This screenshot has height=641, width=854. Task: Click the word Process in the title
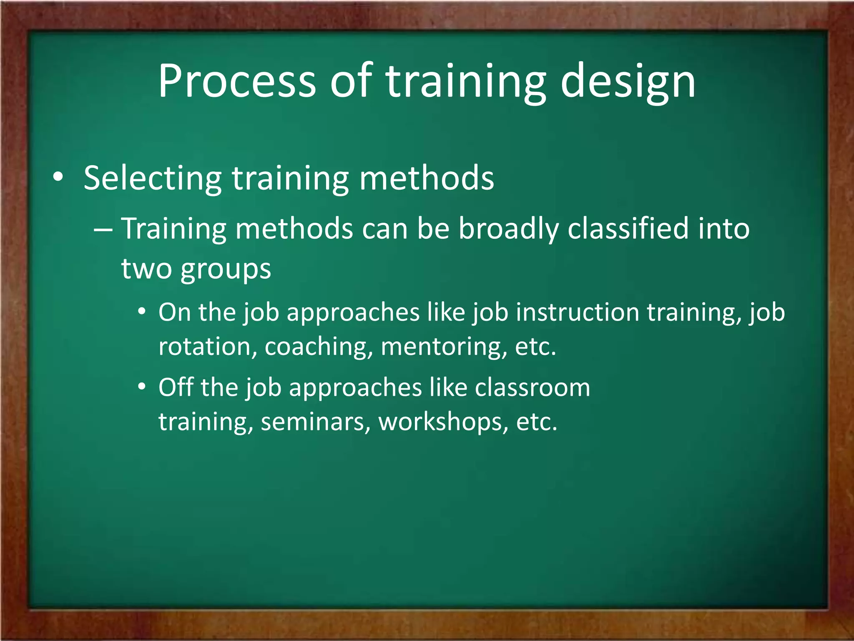pos(237,81)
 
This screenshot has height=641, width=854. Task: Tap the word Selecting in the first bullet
pos(152,179)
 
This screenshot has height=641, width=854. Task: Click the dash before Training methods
pos(103,230)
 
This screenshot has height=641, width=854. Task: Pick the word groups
pos(226,269)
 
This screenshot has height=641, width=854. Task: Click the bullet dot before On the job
pos(142,312)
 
